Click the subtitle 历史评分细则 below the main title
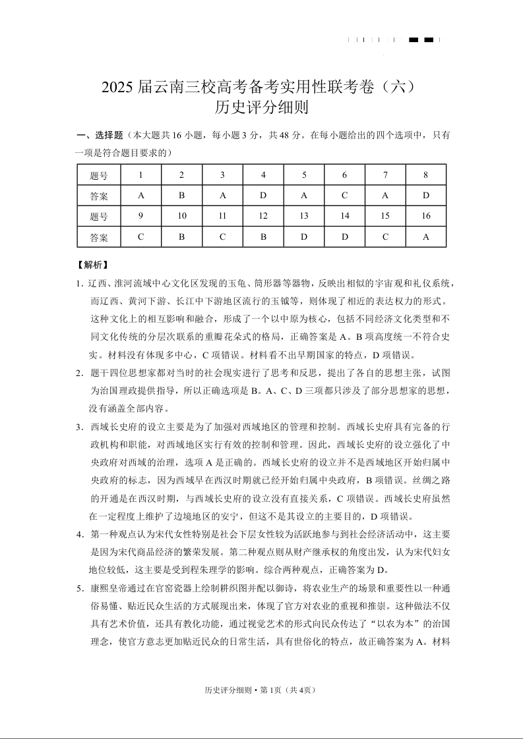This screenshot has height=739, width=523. [x=261, y=107]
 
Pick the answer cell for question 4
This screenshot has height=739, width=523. [x=263, y=196]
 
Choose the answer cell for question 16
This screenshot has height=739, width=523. [x=426, y=236]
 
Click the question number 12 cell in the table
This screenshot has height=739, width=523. [x=263, y=216]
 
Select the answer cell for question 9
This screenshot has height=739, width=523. [x=141, y=236]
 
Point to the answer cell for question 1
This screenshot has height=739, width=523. [x=141, y=196]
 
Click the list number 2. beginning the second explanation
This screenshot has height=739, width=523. [x=78, y=373]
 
